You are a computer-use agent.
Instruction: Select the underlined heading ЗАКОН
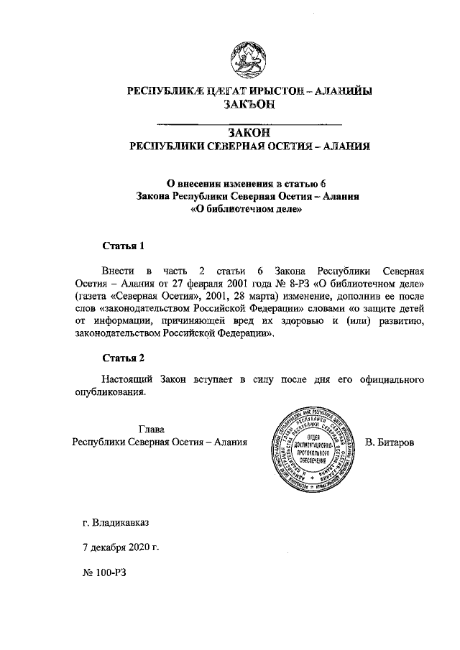pos(249,132)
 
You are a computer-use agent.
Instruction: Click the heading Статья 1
pos(124,246)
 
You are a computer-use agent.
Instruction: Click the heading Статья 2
pos(124,358)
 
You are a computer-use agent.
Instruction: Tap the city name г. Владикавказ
pos(116,523)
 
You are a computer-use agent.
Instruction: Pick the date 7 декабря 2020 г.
pos(121,547)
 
